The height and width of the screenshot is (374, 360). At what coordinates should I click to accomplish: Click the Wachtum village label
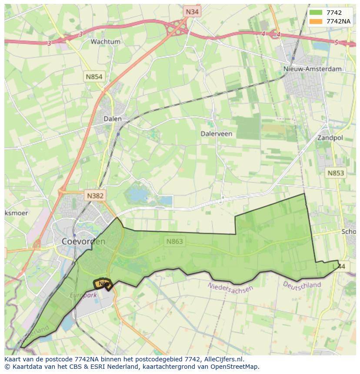[x=105, y=42]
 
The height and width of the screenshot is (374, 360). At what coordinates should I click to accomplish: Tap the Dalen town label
[x=113, y=119]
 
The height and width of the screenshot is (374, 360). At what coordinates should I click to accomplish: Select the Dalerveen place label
[x=216, y=134]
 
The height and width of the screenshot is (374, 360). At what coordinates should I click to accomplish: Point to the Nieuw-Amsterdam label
[x=312, y=69]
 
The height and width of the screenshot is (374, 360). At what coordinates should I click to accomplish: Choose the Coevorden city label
[x=83, y=241]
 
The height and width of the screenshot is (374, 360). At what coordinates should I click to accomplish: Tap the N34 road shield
[x=192, y=12]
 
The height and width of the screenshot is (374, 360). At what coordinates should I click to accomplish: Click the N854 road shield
[x=94, y=77]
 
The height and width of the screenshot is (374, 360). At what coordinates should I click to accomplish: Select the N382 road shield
[x=95, y=195]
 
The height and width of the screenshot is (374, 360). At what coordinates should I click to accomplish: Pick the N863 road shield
[x=174, y=241]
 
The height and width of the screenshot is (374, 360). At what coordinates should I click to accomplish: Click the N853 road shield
[x=336, y=173]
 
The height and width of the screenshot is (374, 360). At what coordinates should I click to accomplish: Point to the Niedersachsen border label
[x=230, y=288]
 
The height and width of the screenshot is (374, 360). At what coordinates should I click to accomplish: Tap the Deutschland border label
[x=302, y=285]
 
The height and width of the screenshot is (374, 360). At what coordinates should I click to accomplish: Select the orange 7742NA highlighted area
[x=103, y=284]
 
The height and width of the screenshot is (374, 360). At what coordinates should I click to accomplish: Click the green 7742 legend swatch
[x=316, y=13]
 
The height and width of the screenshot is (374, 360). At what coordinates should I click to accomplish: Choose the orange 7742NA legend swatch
[x=316, y=21]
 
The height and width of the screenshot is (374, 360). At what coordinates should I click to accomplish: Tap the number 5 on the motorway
[x=336, y=42]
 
